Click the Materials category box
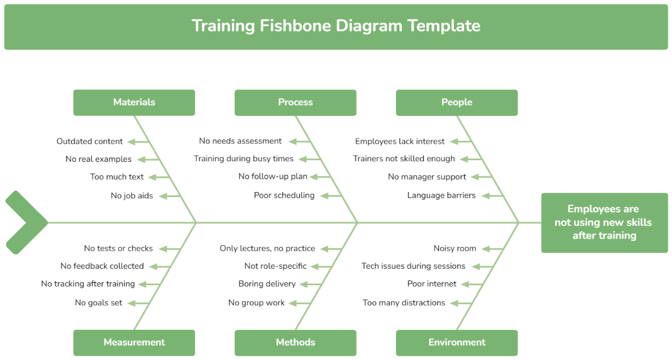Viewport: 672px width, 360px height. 134,102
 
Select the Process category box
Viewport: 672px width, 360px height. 296,102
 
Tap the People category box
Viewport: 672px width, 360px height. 457,102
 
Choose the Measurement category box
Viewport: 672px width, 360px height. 134,343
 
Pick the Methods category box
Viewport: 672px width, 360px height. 296,343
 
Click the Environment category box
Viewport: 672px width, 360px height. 457,343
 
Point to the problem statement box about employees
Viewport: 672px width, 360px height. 604,223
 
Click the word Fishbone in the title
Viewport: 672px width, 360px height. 295,26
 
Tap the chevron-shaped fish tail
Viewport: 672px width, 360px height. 26,222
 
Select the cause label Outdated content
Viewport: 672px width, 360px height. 90,141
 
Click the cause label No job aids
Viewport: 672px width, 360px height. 132,196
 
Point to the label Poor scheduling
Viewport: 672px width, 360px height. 284,195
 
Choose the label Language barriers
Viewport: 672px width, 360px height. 441,195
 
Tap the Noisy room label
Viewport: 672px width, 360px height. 455,249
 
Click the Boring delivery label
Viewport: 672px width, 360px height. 267,284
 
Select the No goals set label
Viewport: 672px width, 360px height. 99,303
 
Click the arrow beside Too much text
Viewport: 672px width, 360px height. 158,177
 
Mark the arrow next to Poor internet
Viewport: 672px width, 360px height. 472,284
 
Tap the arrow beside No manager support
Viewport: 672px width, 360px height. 481,177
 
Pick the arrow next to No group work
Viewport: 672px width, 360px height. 299,303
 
